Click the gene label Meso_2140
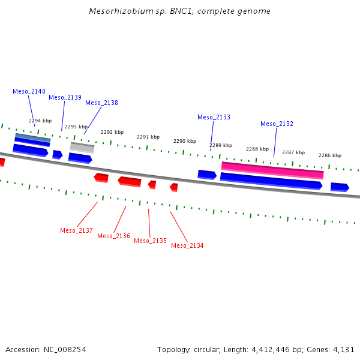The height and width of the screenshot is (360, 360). [x=29, y=91]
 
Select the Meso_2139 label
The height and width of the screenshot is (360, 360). [x=65, y=97]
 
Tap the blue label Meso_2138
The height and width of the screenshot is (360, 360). [x=101, y=103]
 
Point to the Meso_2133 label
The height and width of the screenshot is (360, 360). [x=214, y=117]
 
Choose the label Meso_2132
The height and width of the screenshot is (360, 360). [x=277, y=124]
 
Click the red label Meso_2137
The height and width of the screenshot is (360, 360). [x=76, y=230]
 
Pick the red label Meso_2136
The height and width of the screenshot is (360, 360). [x=113, y=236]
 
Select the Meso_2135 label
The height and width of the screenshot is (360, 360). [x=150, y=241]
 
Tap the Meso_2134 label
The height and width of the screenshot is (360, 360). [x=187, y=245]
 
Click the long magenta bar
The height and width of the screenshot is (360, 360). [x=272, y=170]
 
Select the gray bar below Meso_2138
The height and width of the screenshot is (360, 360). [x=82, y=148]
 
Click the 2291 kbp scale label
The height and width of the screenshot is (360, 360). [x=148, y=137]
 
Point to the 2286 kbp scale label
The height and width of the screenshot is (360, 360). [x=330, y=155]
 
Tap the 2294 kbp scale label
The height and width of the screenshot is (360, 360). [x=40, y=121]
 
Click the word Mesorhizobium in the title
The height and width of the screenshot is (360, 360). [x=121, y=11]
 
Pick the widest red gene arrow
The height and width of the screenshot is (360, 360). [x=130, y=182]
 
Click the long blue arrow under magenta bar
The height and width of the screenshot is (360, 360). [x=271, y=181]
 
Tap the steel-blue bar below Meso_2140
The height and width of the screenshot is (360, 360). [x=32, y=138]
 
